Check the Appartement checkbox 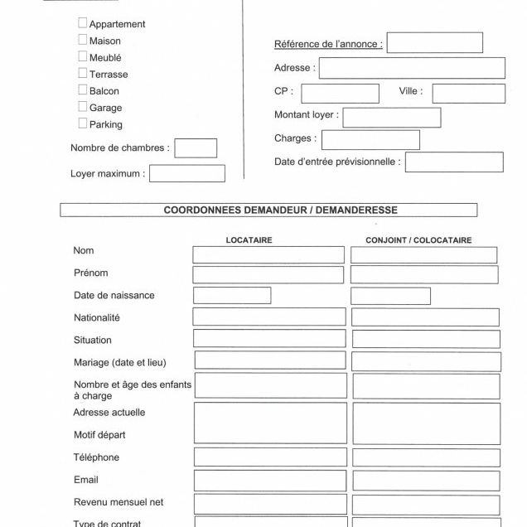coord(83,23)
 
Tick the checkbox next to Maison coord(83,40)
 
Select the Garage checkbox coord(83,107)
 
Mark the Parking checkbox coord(83,123)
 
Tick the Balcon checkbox coord(83,90)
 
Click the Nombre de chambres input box coord(196,148)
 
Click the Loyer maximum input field coord(186,174)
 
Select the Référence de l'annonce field coord(434,43)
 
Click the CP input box coord(340,93)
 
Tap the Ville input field coord(468,93)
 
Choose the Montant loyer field coord(391,117)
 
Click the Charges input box coord(370,140)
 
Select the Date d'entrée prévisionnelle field coord(453,162)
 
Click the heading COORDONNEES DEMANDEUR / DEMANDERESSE coord(268,210)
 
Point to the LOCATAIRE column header coord(249,240)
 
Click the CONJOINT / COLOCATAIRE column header coord(418,240)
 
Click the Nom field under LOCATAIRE coord(268,254)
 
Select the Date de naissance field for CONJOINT coord(390,296)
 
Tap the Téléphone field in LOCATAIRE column coord(269,457)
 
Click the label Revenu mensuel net coord(118,502)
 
